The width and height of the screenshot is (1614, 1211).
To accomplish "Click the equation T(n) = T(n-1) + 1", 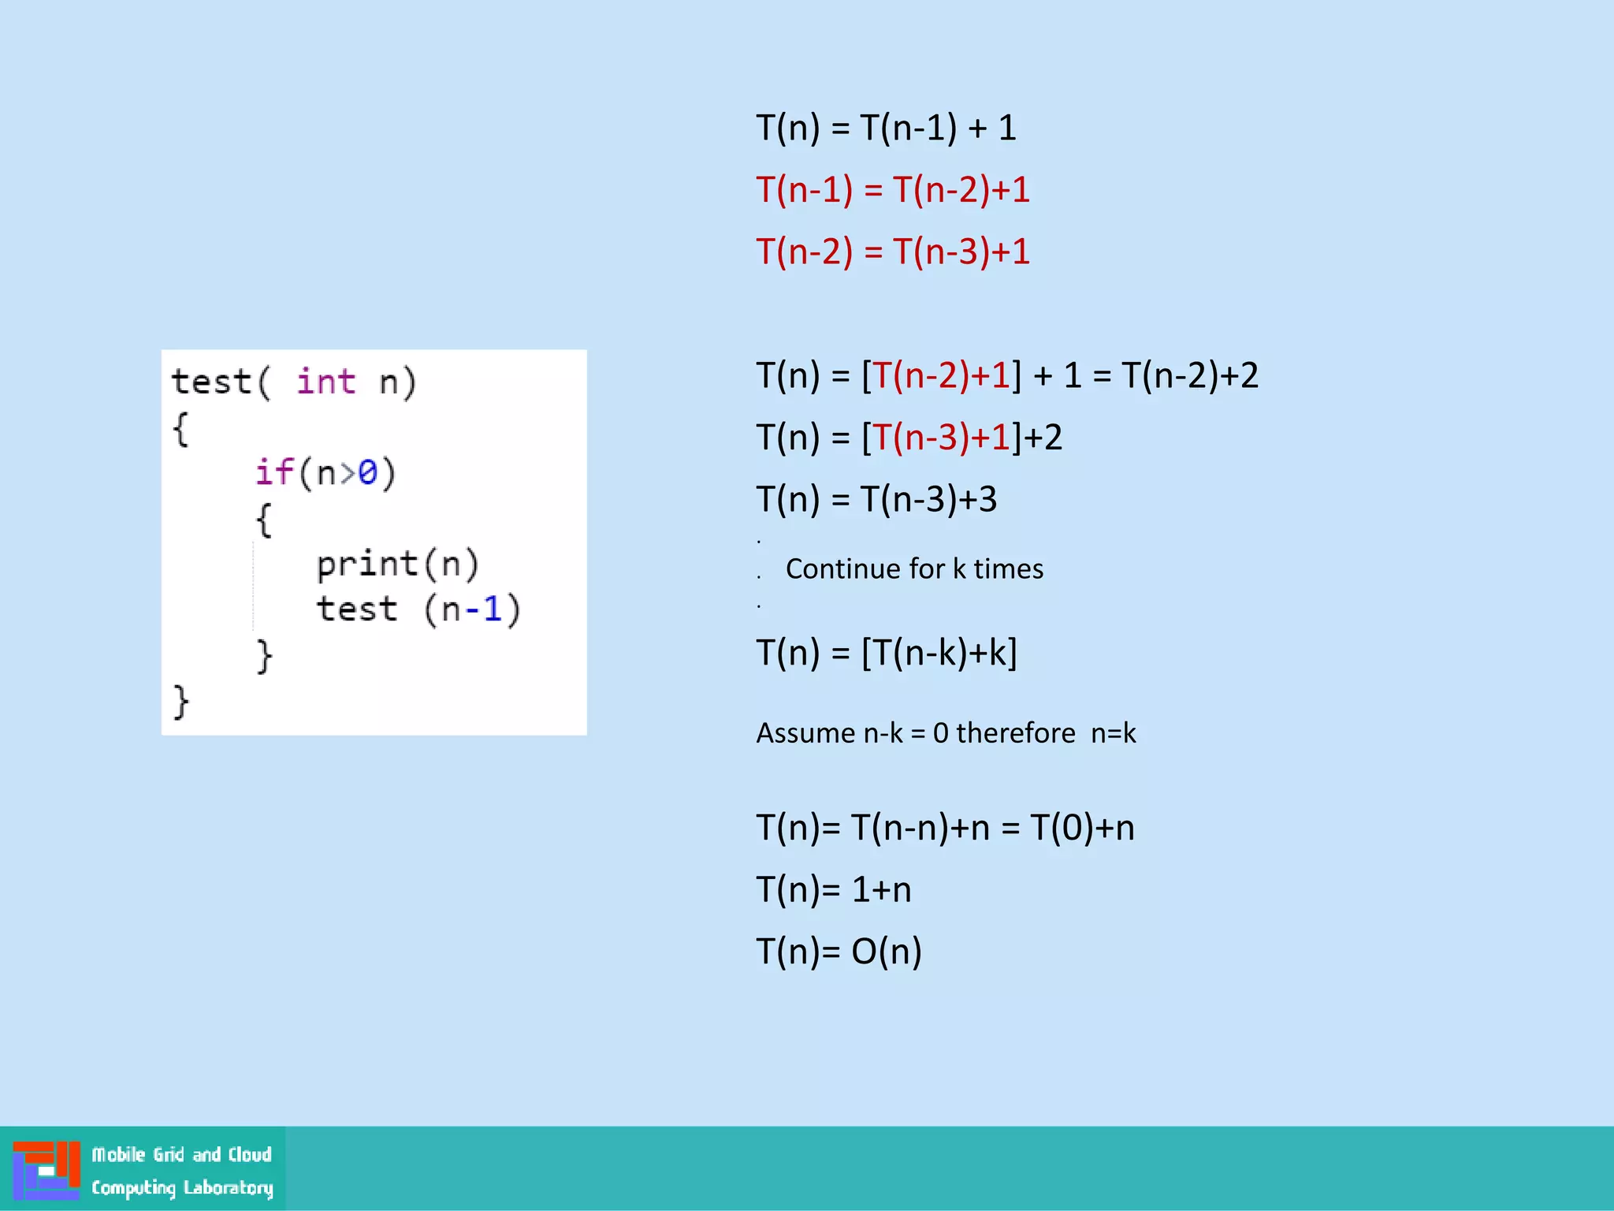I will (886, 128).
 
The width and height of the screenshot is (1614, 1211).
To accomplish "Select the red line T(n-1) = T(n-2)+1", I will (892, 190).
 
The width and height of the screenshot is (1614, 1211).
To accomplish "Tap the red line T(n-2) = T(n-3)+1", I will (892, 252).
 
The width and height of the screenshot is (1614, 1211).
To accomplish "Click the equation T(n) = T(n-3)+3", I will (876, 500).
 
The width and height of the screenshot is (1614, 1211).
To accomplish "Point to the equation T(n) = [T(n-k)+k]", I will (886, 653).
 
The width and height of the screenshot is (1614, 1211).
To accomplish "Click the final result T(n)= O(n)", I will (839, 952).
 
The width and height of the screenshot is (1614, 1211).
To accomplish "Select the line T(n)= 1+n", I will (833, 890).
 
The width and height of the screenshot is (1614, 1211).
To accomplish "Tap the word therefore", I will (1015, 733).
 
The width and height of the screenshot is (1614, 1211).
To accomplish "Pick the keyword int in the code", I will (325, 382).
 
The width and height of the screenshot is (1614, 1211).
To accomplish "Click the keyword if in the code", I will (273, 472).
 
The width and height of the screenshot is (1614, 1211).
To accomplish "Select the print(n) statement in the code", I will (397, 565).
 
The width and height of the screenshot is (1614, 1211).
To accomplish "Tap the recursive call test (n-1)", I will (418, 609).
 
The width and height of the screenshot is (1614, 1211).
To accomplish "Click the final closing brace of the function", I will (180, 701).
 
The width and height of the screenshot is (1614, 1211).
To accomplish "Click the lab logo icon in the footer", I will (46, 1170).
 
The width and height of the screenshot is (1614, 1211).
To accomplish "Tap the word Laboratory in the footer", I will (228, 1187).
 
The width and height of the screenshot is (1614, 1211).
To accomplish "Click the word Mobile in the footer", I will (118, 1155).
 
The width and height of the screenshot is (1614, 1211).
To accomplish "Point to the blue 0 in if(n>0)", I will (367, 472).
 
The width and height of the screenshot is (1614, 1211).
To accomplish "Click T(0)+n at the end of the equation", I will (1082, 828).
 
